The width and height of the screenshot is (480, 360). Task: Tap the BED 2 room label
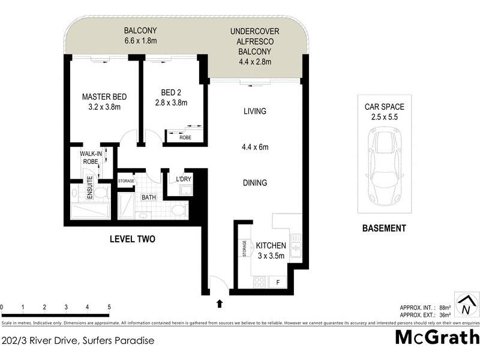(x=170, y=92)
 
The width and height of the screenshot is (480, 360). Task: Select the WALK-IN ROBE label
(x=91, y=157)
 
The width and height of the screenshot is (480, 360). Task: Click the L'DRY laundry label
(x=183, y=179)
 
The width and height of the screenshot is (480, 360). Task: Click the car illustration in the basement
(x=385, y=168)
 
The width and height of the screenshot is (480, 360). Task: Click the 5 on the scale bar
(x=109, y=307)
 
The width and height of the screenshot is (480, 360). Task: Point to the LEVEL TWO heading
(x=133, y=239)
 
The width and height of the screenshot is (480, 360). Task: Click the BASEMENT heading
(x=385, y=228)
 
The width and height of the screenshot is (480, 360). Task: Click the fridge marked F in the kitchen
(x=277, y=281)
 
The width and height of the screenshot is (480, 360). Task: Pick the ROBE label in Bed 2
(x=186, y=137)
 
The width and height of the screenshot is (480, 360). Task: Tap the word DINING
(x=254, y=183)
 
